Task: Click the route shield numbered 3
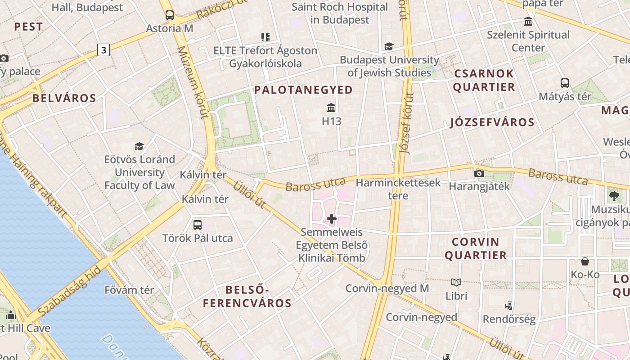click(103, 50)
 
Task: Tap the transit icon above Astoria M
click(169, 15)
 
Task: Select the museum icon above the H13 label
click(332, 108)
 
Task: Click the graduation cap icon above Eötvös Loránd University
click(139, 146)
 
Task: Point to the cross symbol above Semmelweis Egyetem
click(332, 219)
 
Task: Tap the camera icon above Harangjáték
click(479, 173)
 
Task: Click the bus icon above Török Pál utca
click(197, 225)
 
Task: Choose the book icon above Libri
click(456, 282)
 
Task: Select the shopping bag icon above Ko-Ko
click(585, 261)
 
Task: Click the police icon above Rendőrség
click(509, 306)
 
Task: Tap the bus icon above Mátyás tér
click(565, 83)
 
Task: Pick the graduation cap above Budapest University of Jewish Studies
click(389, 46)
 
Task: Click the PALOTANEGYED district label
click(303, 90)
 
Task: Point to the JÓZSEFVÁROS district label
click(492, 122)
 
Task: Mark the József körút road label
click(406, 124)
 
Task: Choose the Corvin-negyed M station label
click(387, 288)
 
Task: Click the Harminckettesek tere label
click(398, 189)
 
